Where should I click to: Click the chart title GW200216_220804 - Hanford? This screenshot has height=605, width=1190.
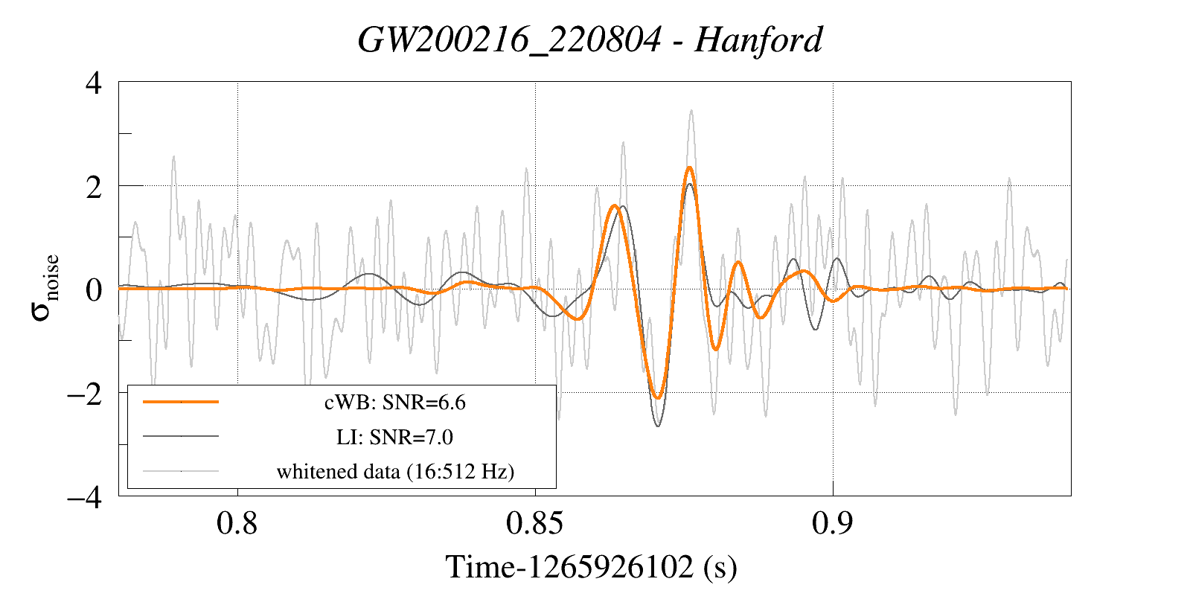(589, 40)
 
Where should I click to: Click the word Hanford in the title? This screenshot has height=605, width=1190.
(758, 40)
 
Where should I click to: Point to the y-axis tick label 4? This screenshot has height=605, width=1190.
(94, 83)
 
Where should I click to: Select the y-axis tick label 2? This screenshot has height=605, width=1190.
(94, 187)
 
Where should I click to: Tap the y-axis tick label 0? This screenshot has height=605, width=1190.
(94, 289)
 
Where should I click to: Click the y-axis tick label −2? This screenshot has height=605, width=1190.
(85, 393)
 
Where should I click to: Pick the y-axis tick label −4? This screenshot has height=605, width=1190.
(85, 496)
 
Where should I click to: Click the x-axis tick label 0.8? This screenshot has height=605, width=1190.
(237, 524)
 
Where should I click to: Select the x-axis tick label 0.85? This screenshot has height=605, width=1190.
(534, 524)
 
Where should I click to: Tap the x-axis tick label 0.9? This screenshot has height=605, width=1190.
(833, 524)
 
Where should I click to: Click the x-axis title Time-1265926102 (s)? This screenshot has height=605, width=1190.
(591, 567)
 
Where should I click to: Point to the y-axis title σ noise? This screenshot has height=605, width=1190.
(45, 288)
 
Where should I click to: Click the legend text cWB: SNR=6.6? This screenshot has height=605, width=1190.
(394, 403)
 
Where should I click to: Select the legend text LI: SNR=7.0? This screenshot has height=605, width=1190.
(394, 437)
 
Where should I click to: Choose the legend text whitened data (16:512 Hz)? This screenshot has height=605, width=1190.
(395, 472)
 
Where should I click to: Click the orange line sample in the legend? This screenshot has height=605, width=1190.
(181, 402)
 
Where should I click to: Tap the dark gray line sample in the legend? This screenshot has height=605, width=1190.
(181, 436)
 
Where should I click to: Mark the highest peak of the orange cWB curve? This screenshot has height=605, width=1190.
(690, 168)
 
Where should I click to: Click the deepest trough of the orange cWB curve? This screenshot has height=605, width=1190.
(658, 397)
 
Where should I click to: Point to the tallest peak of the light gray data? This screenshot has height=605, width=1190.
(691, 111)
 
